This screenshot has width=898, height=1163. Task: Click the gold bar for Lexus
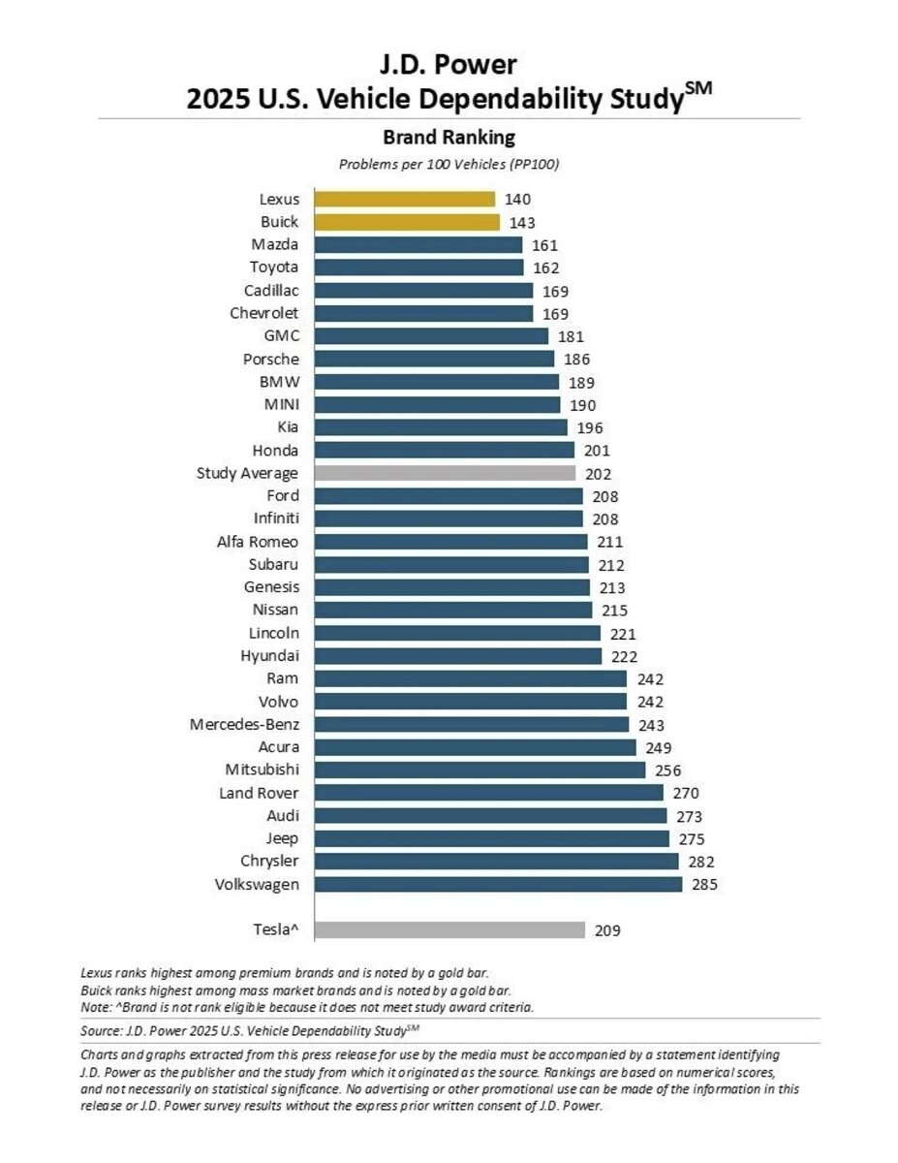[405, 200]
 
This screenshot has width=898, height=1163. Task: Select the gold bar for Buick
[407, 222]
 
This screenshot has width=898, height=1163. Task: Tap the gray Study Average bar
[445, 474]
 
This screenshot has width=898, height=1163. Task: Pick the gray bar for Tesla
[449, 930]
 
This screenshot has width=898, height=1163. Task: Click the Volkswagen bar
[498, 885]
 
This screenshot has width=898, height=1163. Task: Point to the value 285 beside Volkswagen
[704, 885]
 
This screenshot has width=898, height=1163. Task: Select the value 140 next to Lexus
[517, 200]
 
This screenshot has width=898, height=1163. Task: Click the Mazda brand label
[275, 245]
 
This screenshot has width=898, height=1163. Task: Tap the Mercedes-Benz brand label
[244, 724]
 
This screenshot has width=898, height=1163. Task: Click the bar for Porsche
[434, 359]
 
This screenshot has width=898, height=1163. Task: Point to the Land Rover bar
[488, 793]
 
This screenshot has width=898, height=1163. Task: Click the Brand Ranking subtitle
[449, 137]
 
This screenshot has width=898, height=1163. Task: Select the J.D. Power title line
[449, 65]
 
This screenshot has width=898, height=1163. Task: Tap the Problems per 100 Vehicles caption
[449, 164]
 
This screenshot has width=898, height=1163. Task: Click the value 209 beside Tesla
[607, 930]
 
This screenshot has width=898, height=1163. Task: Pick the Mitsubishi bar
[480, 770]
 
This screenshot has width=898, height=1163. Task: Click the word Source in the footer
[100, 1029]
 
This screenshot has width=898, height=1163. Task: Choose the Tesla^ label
[271, 930]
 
